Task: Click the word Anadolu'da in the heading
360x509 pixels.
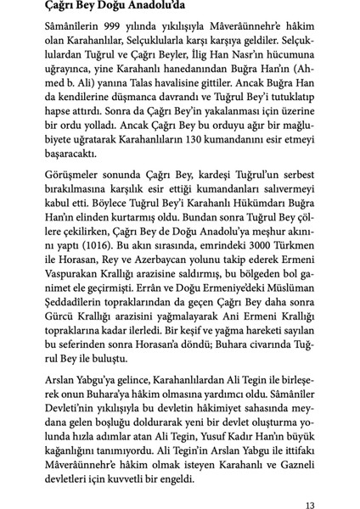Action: [156, 8]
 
